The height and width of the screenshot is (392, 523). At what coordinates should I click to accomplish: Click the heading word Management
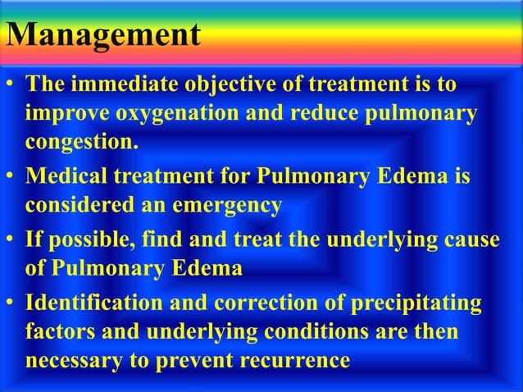click(102, 36)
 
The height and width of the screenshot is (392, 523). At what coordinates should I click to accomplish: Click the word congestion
click(80, 143)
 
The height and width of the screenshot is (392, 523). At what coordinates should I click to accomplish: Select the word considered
click(81, 206)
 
